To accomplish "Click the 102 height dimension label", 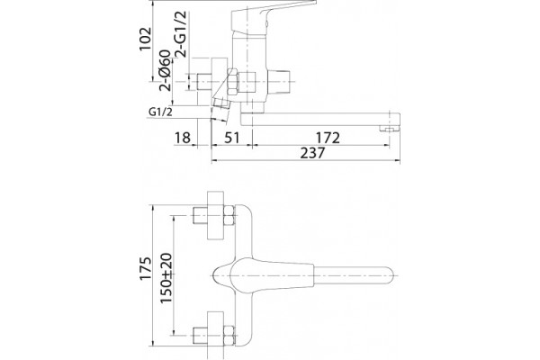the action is [145, 39].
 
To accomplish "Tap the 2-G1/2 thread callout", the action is [181, 34].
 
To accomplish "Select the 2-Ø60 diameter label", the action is [165, 70].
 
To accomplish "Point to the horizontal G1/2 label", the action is [160, 112].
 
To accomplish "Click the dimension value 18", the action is [182, 138].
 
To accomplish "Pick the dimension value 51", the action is [232, 138].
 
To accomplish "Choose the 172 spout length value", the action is [328, 138].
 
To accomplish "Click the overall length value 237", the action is [312, 153].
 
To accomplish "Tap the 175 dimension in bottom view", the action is [145, 268].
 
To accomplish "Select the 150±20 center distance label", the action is [166, 278].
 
